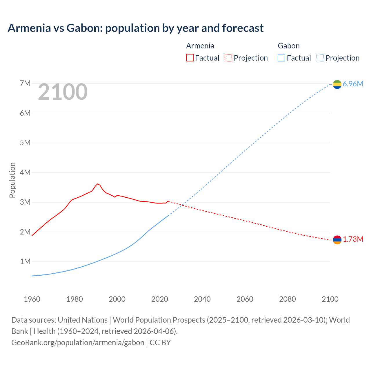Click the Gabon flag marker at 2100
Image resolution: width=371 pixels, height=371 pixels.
[x=337, y=84]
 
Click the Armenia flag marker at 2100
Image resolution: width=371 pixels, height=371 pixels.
[x=337, y=240]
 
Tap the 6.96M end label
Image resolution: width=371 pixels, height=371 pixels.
[x=353, y=84]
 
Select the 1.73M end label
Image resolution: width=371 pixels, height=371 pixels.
[x=353, y=239]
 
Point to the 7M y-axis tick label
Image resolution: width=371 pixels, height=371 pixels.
[x=25, y=83]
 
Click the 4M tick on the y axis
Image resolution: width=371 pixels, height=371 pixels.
[x=25, y=172]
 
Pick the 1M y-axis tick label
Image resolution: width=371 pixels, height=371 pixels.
[x=25, y=261]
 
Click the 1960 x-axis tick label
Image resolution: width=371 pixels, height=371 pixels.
[x=32, y=299]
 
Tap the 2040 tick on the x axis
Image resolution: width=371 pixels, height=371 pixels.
[x=202, y=299]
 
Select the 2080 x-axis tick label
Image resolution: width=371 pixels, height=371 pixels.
[x=288, y=299]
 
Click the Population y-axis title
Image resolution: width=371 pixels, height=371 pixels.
[x=12, y=180]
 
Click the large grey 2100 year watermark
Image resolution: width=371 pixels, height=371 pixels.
[x=63, y=92]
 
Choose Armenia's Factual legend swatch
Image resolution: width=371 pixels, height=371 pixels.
[x=190, y=58]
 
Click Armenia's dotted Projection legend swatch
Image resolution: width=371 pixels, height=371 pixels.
[x=228, y=58]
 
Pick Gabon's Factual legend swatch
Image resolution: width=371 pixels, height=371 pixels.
[x=281, y=58]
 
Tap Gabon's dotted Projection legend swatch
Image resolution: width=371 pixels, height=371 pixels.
[x=320, y=58]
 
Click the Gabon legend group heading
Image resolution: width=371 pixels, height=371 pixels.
[x=289, y=46]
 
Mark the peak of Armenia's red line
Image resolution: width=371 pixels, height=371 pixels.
[x=98, y=184]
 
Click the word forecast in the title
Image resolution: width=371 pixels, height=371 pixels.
[x=243, y=28]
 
